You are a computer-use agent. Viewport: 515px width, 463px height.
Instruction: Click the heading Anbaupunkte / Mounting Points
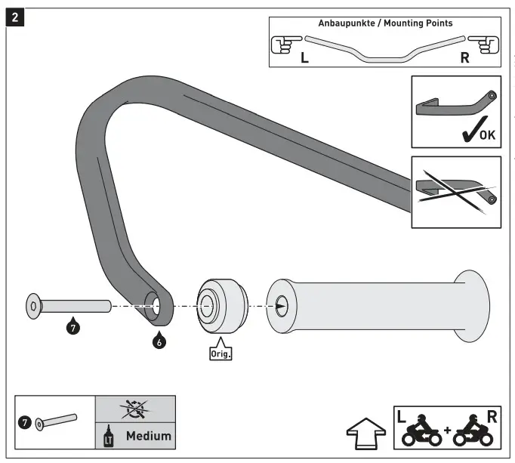[385, 23]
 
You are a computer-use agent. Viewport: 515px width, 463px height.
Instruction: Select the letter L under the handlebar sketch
[304, 57]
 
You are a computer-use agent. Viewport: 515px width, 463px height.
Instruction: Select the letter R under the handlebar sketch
[464, 57]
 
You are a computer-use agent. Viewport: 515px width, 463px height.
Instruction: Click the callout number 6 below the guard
[159, 341]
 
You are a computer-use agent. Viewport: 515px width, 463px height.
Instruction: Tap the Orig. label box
[220, 352]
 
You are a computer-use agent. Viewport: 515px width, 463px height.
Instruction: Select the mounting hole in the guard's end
[157, 306]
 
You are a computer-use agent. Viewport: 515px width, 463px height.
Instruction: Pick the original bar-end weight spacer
[220, 306]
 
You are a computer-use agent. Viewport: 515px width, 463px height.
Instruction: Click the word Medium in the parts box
[148, 435]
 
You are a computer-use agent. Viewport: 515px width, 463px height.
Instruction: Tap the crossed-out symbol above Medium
[134, 409]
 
